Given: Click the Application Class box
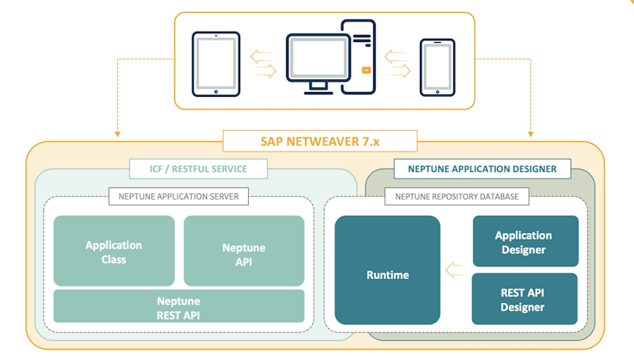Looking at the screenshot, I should pos(114,251).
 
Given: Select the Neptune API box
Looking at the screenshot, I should pos(244,251).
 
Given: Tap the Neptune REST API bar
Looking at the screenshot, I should pos(178,307).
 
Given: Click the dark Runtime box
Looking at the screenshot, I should pos(388,270).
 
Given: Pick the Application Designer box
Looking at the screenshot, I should pos(523,242).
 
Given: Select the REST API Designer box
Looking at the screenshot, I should pos(523,299).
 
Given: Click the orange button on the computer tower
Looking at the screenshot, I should pos(365,69).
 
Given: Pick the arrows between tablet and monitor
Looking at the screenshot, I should pos(262,64).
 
